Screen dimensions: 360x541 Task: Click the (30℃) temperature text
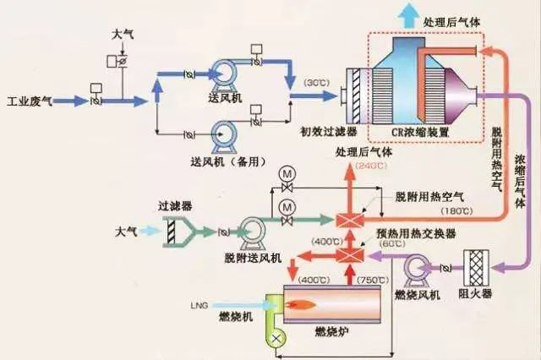coord(315,84)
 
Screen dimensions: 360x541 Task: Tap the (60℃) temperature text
coord(390,244)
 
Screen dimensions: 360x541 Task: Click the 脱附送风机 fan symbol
coord(251,232)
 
